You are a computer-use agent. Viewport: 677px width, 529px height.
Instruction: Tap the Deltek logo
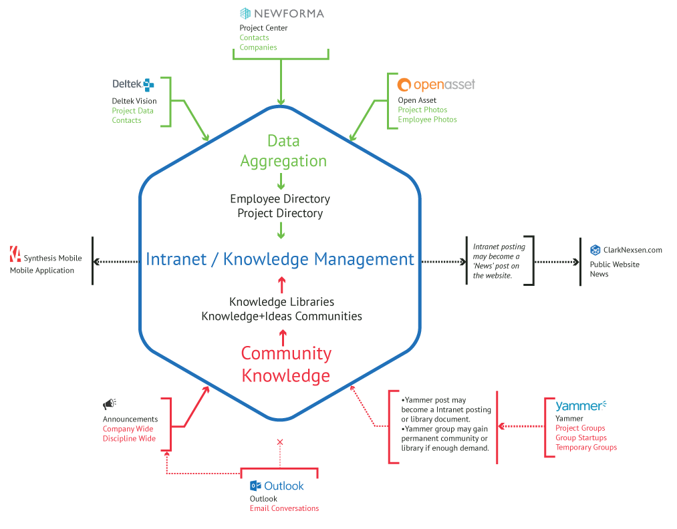coord(133,84)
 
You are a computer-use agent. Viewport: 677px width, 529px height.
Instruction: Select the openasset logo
coord(436,85)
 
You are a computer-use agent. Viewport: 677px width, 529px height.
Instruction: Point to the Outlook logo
coord(277,486)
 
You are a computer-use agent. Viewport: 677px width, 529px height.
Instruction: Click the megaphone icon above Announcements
coord(110,404)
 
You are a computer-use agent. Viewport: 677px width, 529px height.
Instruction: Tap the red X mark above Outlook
coord(280,442)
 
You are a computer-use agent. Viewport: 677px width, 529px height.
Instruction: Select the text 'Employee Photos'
coord(427,120)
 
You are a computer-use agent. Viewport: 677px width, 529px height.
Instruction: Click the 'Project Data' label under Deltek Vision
coord(132,111)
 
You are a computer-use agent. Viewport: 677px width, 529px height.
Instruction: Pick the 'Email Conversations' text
coord(284,508)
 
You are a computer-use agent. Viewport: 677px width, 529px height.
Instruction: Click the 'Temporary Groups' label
coord(586,448)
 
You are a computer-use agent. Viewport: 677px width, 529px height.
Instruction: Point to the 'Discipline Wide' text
coord(129,439)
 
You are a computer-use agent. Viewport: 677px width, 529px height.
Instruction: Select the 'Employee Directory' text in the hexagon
coord(280,199)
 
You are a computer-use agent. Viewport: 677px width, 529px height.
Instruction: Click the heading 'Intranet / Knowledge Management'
coord(280,259)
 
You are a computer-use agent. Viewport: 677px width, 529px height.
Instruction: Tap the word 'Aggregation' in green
coord(283,161)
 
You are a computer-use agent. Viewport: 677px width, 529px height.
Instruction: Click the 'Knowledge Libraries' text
coord(281,302)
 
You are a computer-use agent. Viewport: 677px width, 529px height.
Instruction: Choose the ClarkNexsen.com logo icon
coord(595,250)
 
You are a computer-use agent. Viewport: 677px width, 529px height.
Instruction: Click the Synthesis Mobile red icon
coord(15,254)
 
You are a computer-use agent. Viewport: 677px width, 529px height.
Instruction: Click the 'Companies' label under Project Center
coord(258,47)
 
